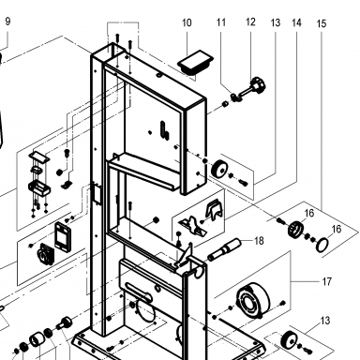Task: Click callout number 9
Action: [7, 22]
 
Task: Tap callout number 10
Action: [187, 22]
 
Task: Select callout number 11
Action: [221, 22]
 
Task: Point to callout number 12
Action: [250, 22]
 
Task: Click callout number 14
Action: [296, 22]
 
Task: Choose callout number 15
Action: [322, 23]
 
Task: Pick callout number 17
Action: [326, 282]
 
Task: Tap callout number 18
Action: [259, 241]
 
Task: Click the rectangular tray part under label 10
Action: [195, 63]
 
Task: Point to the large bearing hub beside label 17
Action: [253, 299]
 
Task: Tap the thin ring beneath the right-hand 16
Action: [322, 245]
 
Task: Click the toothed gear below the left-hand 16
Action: [295, 229]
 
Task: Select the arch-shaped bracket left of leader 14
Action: [214, 209]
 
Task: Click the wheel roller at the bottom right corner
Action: [289, 339]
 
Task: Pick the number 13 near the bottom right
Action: [325, 321]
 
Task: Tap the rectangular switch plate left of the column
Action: [63, 235]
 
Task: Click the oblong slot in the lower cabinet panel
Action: [138, 289]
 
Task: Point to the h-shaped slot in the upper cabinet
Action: [165, 130]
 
